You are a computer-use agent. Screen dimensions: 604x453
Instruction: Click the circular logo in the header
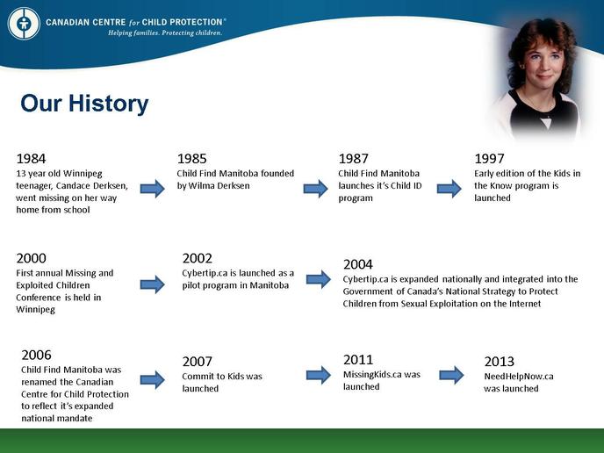point(24,23)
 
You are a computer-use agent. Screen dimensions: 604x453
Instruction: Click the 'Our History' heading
point(84,104)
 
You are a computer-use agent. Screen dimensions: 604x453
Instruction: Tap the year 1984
point(31,158)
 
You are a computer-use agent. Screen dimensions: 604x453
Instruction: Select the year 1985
point(192,158)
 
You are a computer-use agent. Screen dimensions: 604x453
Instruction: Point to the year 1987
point(353,158)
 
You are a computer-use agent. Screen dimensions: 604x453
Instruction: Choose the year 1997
point(489,158)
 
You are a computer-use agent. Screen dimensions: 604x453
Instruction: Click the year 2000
point(32,258)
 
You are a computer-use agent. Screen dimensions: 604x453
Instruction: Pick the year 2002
point(198,258)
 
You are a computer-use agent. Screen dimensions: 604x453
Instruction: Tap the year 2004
point(358,264)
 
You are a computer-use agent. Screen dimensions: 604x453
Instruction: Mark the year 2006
point(36,355)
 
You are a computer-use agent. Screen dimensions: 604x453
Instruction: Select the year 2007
point(198,362)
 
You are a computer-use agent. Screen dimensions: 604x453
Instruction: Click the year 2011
point(358,360)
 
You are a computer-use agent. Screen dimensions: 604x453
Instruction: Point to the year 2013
point(500,362)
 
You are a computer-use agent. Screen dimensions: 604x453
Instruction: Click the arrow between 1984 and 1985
point(153,189)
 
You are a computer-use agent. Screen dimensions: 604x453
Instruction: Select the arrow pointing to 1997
point(449,189)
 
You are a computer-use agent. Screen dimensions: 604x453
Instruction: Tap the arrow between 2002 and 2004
point(319,279)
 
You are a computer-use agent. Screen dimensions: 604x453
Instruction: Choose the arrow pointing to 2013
point(451,375)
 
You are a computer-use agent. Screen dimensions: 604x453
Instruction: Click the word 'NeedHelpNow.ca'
point(519,377)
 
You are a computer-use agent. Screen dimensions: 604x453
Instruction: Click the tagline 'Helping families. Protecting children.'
point(165,33)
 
